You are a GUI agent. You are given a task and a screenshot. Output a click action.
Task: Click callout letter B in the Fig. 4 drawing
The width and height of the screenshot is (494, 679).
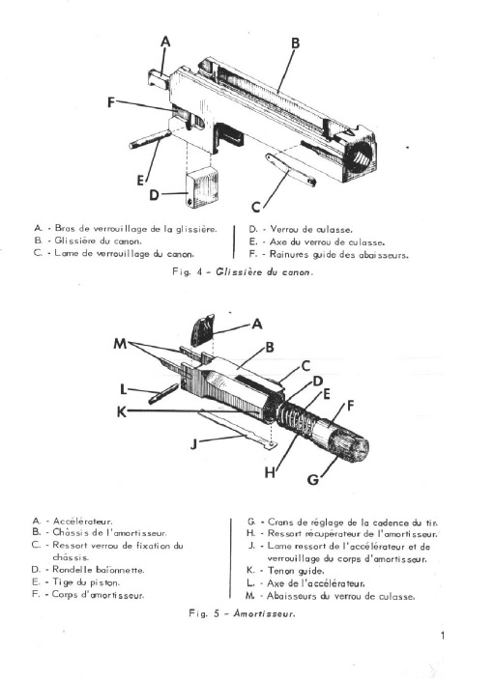[295, 43]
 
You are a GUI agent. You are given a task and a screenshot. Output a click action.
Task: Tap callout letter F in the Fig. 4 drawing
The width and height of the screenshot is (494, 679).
[111, 102]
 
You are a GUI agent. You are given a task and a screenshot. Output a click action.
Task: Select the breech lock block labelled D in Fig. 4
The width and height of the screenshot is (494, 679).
[204, 188]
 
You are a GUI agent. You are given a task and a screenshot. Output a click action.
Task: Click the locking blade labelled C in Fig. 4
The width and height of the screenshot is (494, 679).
[291, 169]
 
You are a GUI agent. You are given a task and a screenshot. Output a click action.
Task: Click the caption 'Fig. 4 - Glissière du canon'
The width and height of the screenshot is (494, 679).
[243, 272]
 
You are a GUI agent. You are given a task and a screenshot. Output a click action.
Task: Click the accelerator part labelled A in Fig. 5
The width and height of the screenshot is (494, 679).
[202, 329]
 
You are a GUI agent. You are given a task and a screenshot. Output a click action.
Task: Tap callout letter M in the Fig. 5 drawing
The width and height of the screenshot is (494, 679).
[120, 344]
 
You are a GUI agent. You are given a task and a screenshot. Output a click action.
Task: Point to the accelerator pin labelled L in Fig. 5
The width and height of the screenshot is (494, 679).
[163, 394]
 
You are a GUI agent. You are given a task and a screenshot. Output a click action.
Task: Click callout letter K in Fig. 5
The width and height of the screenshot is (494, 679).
[122, 411]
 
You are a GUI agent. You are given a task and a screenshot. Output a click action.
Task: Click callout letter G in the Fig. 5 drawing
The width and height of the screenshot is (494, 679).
[313, 479]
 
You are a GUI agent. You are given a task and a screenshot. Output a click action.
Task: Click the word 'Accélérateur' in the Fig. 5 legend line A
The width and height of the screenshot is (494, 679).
[83, 522]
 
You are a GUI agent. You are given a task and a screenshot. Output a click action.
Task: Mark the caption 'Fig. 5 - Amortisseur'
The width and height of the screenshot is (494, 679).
[242, 613]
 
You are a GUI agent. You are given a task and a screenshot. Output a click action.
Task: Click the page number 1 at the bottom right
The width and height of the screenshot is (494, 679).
[443, 636]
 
